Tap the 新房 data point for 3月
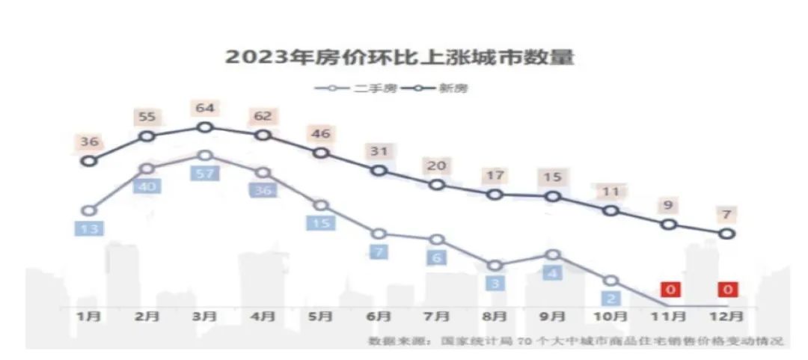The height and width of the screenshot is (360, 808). [x=205, y=127]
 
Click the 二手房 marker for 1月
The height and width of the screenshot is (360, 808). [x=90, y=210]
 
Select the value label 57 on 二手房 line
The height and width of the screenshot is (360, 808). [x=205, y=174]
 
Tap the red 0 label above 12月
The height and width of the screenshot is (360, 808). [x=727, y=289]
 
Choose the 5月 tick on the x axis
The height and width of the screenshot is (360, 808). [x=320, y=317]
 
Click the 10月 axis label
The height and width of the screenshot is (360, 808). [x=612, y=317]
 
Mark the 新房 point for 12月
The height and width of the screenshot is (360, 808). [x=726, y=234]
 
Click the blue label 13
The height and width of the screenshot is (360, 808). [x=90, y=229]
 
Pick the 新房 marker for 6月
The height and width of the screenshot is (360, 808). [x=379, y=171]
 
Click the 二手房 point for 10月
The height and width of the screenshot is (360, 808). [x=611, y=281]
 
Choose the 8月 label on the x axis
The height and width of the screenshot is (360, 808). [x=495, y=317]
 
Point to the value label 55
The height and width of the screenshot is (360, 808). [x=147, y=118]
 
